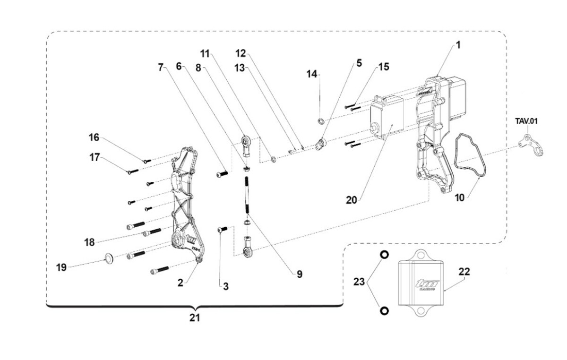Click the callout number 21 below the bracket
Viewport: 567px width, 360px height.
(x=195, y=318)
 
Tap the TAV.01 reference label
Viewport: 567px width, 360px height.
(x=526, y=121)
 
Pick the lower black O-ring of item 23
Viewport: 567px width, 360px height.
(x=384, y=311)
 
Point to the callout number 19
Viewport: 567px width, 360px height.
(x=61, y=267)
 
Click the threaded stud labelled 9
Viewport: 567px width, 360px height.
(x=247, y=194)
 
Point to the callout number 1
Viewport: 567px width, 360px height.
(x=458, y=46)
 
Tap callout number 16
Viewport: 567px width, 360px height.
(x=94, y=137)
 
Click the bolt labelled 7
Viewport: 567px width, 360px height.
(x=222, y=174)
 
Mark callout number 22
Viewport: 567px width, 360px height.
(x=464, y=272)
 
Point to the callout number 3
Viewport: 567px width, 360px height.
(x=225, y=286)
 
